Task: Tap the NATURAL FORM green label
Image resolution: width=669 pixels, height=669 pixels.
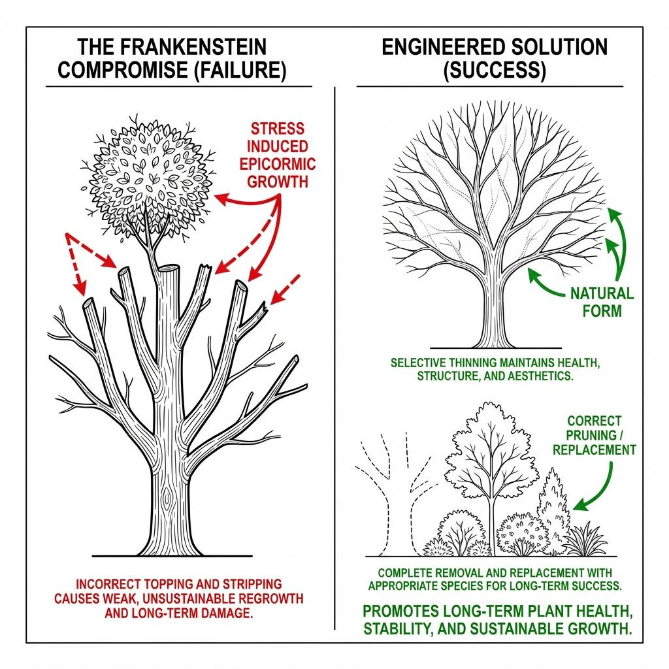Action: pyautogui.click(x=602, y=302)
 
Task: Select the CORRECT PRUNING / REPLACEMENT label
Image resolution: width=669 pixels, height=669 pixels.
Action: pyautogui.click(x=594, y=435)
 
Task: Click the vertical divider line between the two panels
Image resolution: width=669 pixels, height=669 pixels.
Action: pyautogui.click(x=334, y=327)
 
